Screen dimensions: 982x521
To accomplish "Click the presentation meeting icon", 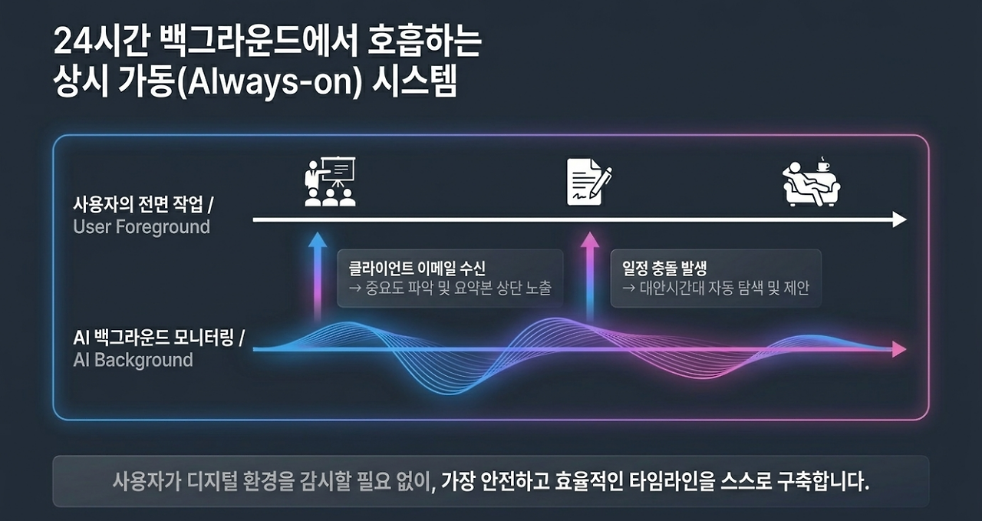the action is tap(330, 181).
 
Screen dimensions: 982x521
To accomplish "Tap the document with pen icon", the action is tap(588, 182).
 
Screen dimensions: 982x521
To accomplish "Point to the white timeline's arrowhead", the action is tap(899, 219).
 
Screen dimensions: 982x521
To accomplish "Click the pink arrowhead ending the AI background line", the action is tap(899, 350).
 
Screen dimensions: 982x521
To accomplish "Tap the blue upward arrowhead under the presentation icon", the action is tap(318, 240).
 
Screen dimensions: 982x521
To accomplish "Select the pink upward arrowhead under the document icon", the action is tap(590, 240).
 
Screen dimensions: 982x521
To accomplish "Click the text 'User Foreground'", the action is tap(141, 227).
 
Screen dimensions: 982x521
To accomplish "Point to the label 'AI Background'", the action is tap(133, 360).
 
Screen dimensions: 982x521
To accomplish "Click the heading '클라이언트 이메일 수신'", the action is tap(417, 268).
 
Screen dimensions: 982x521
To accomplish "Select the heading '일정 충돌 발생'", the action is tap(664, 268).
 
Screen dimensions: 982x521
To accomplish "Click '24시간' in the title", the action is tap(99, 42).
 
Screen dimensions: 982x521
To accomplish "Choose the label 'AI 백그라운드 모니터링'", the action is tap(153, 338).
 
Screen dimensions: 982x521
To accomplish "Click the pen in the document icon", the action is tap(601, 182).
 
